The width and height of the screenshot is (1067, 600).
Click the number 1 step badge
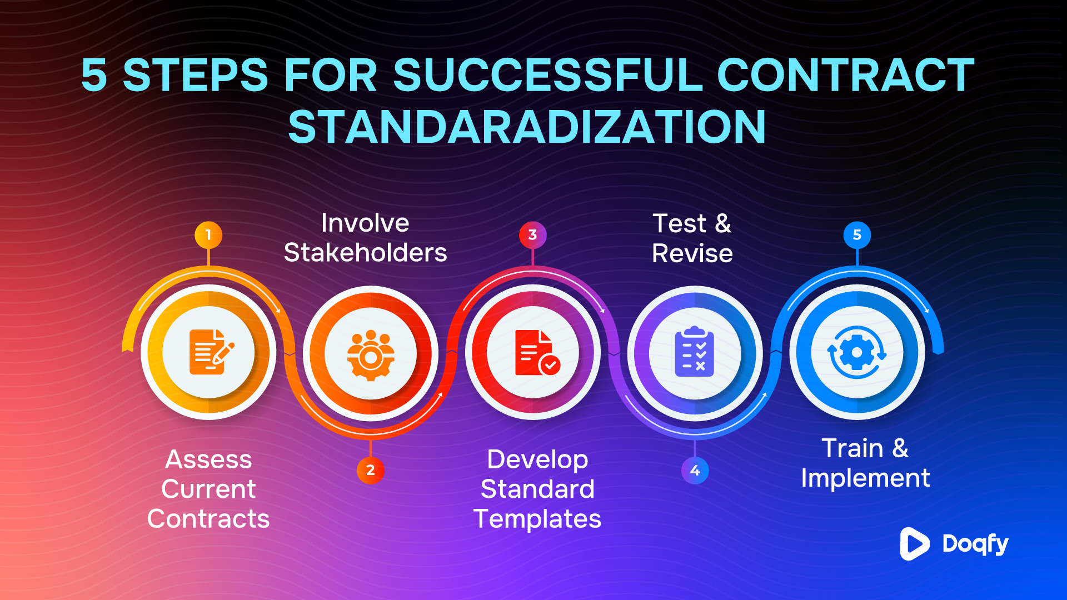pyautogui.click(x=208, y=235)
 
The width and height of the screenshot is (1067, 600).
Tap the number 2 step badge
pyautogui.click(x=371, y=470)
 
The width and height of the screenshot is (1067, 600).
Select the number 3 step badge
pyautogui.click(x=532, y=235)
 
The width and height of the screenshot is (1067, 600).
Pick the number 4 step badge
pyautogui.click(x=695, y=471)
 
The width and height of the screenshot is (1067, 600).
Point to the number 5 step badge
pyautogui.click(x=857, y=235)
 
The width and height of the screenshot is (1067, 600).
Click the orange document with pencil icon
pyautogui.click(x=210, y=352)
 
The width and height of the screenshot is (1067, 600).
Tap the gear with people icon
pyautogui.click(x=371, y=354)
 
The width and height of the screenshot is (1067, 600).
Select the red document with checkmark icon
pyautogui.click(x=535, y=353)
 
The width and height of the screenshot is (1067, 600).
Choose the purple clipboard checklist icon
pyautogui.click(x=695, y=352)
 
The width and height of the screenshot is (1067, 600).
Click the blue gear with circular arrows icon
pyautogui.click(x=857, y=353)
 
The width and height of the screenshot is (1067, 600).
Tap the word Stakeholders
pyautogui.click(x=365, y=253)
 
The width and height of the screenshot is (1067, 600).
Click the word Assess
pyautogui.click(x=208, y=460)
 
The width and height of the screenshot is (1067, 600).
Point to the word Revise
pyautogui.click(x=692, y=254)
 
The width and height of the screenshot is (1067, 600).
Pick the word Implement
pyautogui.click(x=865, y=478)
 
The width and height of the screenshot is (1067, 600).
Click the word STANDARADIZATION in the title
pyautogui.click(x=527, y=127)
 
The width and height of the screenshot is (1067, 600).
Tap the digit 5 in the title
pyautogui.click(x=94, y=76)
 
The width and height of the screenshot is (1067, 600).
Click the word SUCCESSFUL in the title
pyautogui.click(x=548, y=76)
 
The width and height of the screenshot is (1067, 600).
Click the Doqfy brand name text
pyautogui.click(x=975, y=544)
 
